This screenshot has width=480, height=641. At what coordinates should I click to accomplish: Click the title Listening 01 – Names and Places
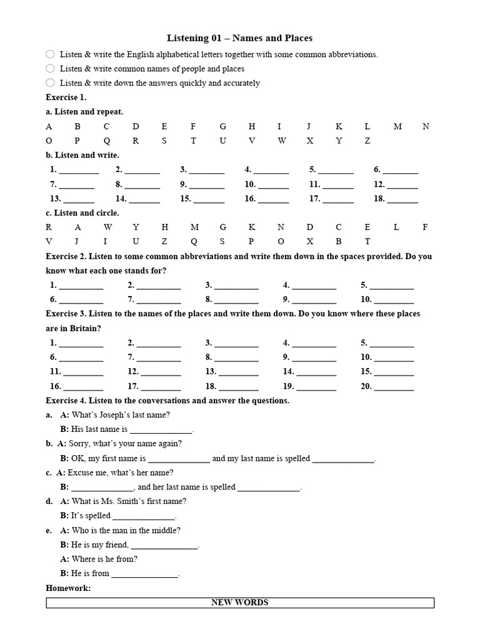point(240,38)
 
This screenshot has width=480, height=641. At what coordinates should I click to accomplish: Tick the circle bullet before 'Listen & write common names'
point(51,68)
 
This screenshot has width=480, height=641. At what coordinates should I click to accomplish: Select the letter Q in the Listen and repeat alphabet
point(107,141)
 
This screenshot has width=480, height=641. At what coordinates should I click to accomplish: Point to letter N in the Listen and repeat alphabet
point(426,126)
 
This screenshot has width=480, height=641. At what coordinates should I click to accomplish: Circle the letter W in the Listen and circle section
point(107,227)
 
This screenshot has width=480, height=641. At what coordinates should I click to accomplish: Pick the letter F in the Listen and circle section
point(425,227)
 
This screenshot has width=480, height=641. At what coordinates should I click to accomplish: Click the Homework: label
point(68,588)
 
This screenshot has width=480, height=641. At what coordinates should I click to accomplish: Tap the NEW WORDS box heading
point(240,603)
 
